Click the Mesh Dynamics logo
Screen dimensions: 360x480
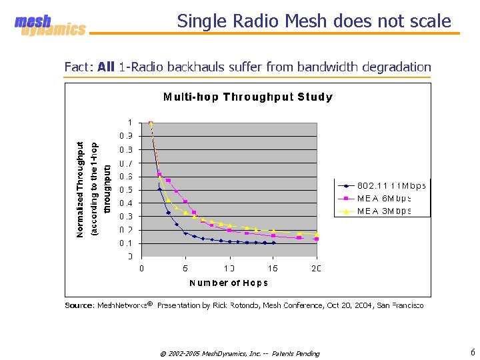click(50, 25)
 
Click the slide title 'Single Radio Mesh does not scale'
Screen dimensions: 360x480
click(314, 21)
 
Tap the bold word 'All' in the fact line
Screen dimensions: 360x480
click(106, 67)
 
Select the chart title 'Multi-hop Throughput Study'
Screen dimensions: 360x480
click(248, 97)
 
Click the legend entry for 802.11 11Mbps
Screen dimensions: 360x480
click(384, 185)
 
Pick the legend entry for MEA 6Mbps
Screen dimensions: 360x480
click(384, 198)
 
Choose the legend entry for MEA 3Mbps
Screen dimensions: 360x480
click(384, 211)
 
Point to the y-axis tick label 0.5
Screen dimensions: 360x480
click(125, 190)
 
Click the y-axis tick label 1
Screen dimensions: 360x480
click(129, 123)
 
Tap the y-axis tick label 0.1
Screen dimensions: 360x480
click(125, 243)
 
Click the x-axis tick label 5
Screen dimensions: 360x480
click(185, 268)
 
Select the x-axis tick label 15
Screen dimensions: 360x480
click(273, 268)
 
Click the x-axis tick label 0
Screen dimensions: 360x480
click(141, 268)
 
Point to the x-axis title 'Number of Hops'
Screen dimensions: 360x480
click(229, 283)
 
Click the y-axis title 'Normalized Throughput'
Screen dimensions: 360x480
click(80, 189)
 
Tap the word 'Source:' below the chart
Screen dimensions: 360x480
click(79, 305)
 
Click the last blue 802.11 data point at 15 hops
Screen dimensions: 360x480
click(273, 243)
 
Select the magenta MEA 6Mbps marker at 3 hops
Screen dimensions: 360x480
click(168, 181)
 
